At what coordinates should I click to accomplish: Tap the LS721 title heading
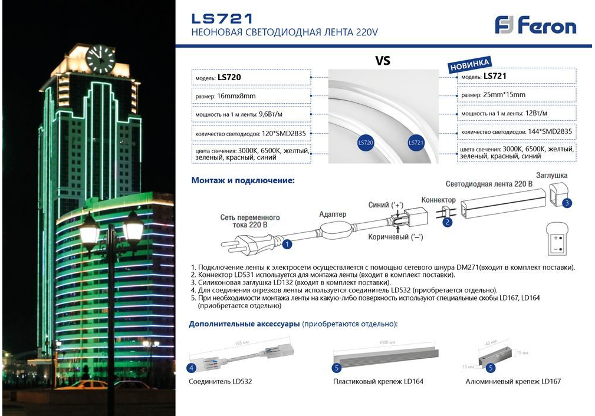coord(222,18)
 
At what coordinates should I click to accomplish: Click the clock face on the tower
coord(100,59)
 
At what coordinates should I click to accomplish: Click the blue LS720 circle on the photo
coord(366,143)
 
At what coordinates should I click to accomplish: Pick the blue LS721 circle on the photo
coord(416,143)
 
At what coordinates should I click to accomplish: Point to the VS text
coord(383,61)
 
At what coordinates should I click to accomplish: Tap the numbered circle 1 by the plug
coord(287,243)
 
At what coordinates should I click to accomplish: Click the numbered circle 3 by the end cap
coord(567,203)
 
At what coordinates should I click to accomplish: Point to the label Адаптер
coord(333,214)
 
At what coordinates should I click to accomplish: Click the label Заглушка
coord(551,175)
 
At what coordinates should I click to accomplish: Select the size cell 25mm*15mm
coord(501,95)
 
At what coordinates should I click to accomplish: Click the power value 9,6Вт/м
coord(271,114)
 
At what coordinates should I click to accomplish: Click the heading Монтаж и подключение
coord(242,180)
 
